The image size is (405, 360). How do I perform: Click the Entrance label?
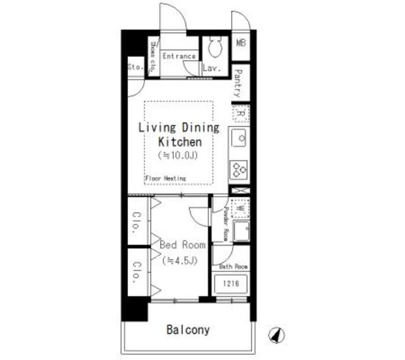179,56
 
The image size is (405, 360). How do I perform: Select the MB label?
241,43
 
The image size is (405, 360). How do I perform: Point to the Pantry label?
238,82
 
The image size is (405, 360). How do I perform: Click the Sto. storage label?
135,66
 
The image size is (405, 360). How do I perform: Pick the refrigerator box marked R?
240,114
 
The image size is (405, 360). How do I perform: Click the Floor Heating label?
165,178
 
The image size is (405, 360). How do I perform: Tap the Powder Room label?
225,224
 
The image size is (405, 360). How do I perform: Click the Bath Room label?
232,266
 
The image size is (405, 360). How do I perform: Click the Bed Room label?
182,244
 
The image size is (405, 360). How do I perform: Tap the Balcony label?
188,330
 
